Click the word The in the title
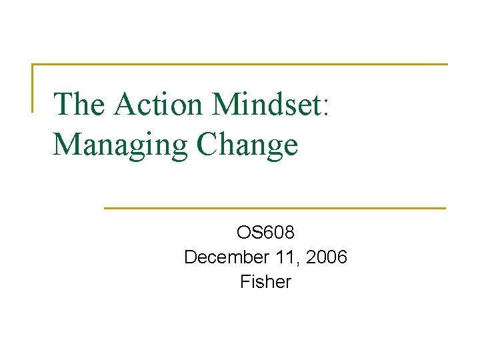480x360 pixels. click(81, 105)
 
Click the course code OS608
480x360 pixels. click(265, 233)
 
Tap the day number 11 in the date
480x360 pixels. click(280, 257)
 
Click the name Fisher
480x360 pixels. click(265, 282)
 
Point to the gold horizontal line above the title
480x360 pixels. click(240, 65)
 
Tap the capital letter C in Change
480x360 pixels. click(207, 145)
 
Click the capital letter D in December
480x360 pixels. click(190, 257)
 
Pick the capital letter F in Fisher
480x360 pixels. click(245, 282)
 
